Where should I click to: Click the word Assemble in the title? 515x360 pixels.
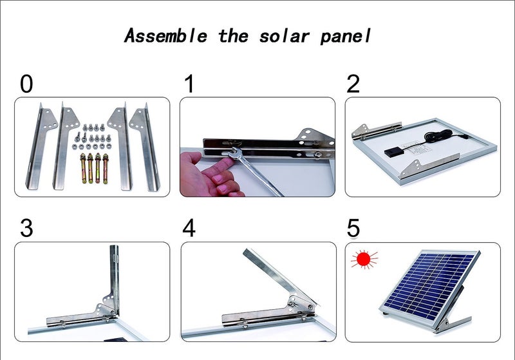[166, 35]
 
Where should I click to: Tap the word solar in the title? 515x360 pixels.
[284, 36]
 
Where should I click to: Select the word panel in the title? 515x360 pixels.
[345, 37]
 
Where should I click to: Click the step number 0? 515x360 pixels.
[26, 84]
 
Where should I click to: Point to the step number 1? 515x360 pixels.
[189, 84]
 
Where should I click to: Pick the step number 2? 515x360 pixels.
[353, 84]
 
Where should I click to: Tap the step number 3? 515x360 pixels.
[26, 228]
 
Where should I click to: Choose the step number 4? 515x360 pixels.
[189, 228]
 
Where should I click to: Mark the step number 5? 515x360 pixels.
[353, 228]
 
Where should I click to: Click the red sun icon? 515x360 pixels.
[364, 259]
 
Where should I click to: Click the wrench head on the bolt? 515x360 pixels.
[237, 153]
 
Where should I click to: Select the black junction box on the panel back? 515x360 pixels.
[395, 151]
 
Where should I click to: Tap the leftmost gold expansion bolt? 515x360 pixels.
[83, 169]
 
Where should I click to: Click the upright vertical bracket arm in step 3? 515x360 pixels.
[115, 279]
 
